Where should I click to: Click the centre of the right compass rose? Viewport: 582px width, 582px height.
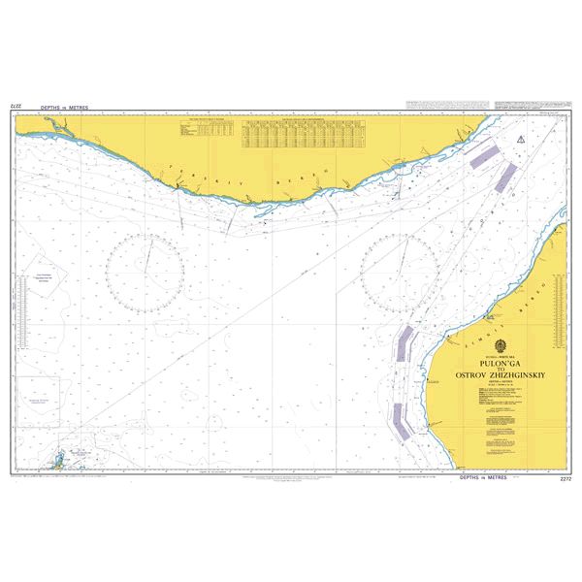[x=399, y=267]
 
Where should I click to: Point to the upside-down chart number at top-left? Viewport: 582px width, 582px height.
[x=16, y=105]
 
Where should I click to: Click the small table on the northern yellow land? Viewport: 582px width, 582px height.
[x=207, y=129]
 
